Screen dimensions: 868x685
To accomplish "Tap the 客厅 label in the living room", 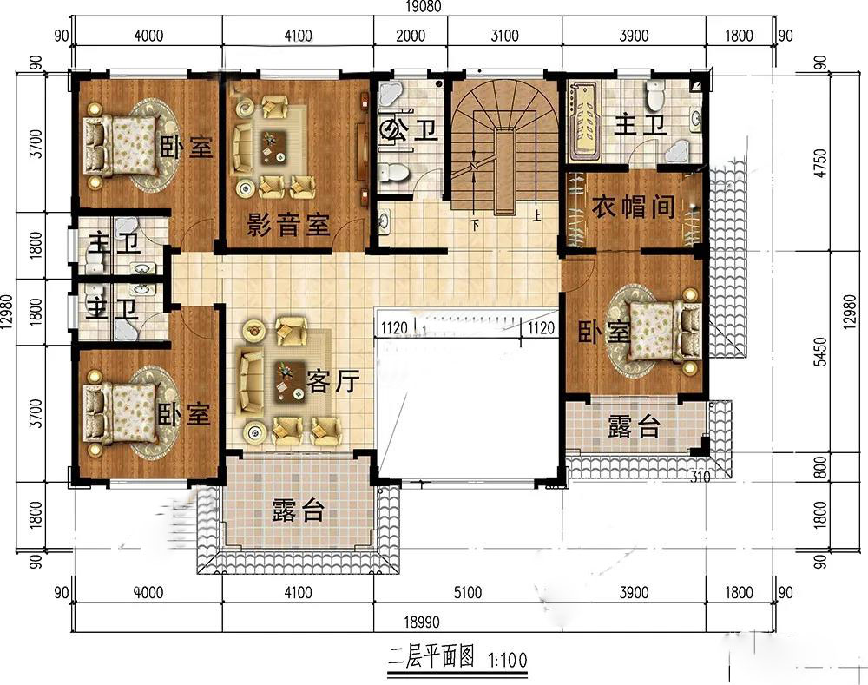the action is [x=333, y=381].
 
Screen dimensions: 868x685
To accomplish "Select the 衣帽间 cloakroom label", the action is [x=634, y=207].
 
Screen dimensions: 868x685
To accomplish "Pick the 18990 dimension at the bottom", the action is [x=421, y=622].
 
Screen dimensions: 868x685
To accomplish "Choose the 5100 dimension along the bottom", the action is [x=468, y=592].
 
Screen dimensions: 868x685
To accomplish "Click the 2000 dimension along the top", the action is [x=411, y=36].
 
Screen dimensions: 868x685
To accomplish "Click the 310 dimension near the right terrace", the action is [x=700, y=477].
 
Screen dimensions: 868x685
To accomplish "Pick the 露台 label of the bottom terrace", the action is [x=298, y=510].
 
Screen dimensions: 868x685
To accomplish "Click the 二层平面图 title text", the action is [x=431, y=658].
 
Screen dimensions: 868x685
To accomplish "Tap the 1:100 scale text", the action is [x=508, y=660].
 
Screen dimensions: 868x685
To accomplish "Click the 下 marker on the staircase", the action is [x=474, y=225].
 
